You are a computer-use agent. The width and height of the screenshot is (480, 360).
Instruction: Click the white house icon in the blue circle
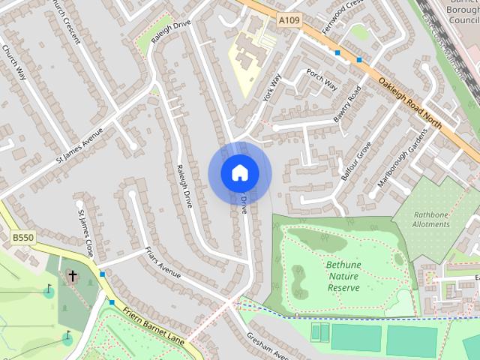[239, 172]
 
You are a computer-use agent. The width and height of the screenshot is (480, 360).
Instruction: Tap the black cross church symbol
[73, 276]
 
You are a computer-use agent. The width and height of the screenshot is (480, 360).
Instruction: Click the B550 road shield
[23, 237]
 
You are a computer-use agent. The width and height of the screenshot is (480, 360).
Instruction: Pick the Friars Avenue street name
[163, 262]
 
